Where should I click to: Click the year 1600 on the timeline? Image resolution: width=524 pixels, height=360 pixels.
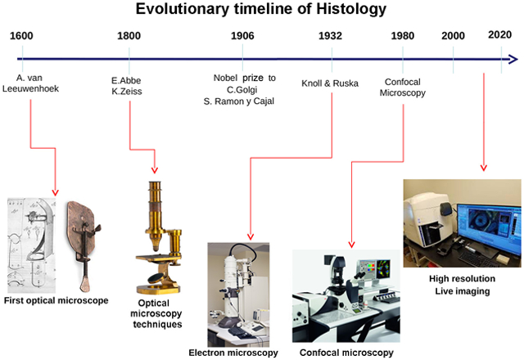[x=23, y=36]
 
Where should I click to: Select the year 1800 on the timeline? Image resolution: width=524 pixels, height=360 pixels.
[x=129, y=36]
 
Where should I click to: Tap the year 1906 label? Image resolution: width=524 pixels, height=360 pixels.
[x=242, y=36]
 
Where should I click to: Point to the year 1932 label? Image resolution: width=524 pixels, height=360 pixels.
[x=331, y=36]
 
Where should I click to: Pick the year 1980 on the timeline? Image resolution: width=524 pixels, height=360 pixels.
[x=402, y=36]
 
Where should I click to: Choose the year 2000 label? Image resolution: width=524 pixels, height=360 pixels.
[x=453, y=36]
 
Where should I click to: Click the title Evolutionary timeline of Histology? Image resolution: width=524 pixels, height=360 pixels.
[x=261, y=11]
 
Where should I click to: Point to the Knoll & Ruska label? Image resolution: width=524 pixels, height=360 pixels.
[x=330, y=83]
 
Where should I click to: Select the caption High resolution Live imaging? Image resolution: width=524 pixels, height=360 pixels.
[x=460, y=285]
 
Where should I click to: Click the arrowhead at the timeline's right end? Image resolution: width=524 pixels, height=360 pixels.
[x=512, y=59]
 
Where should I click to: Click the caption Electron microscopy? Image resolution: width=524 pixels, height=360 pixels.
[x=233, y=353]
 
